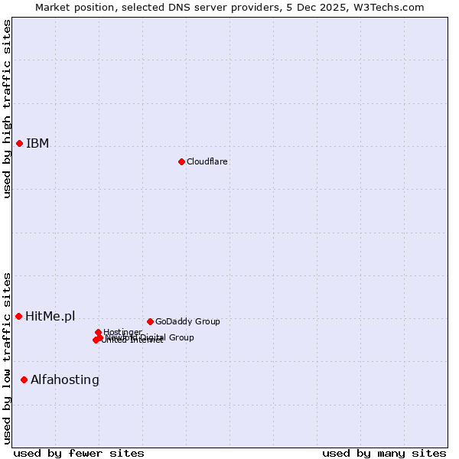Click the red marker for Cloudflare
click(181, 161)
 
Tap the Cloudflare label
click(207, 162)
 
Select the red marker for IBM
click(19, 143)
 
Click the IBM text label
click(37, 144)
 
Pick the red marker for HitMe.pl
click(18, 316)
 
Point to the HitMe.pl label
click(50, 317)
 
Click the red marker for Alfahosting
click(24, 379)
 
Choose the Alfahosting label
click(65, 380)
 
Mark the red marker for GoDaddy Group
click(150, 321)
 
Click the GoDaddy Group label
click(187, 322)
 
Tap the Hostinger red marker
click(99, 332)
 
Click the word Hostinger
click(122, 332)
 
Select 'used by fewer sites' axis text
click(79, 454)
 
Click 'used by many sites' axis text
click(384, 454)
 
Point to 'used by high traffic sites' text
click(7, 109)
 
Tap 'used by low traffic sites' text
click(7, 358)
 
